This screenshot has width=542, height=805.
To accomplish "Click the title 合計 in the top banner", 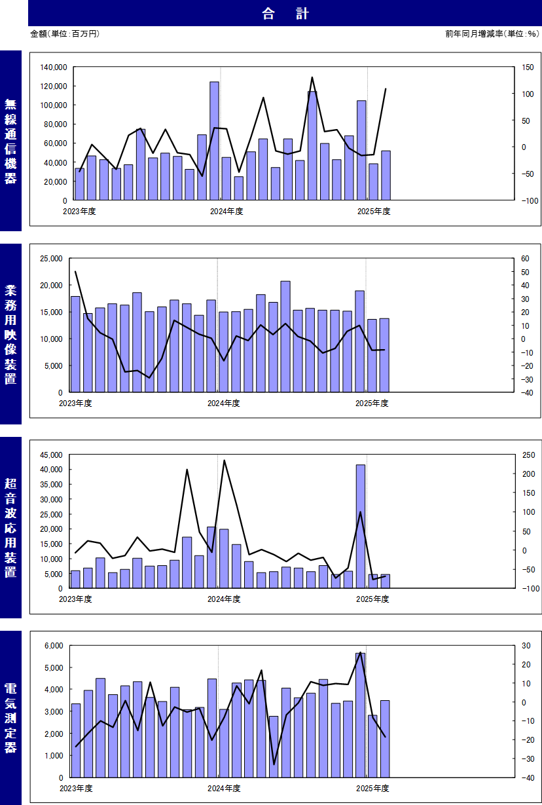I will point(285,13).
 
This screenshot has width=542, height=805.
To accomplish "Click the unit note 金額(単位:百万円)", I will point(65,33).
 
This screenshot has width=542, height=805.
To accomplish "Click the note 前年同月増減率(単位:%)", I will point(491,33).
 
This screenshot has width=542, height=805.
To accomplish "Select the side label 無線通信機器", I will point(10,141).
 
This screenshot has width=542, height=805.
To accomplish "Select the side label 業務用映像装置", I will point(10,334).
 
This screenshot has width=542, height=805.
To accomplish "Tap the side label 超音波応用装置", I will point(10,527).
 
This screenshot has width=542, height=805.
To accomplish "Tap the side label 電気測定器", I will point(10,718).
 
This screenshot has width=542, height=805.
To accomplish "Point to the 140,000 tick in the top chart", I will point(52,67).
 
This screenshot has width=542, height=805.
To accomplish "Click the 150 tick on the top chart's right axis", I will point(528,67).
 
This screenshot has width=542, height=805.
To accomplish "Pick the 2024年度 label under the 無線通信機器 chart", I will point(226,211).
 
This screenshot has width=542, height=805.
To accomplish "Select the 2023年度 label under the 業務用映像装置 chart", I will point(75,403).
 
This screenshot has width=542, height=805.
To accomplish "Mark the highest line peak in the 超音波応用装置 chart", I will point(224,460).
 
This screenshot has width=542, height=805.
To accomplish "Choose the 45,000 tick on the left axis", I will point(48,455).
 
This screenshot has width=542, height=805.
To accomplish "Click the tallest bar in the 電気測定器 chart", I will point(361,715).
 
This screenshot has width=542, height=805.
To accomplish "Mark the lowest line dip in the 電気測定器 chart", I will point(274,764).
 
